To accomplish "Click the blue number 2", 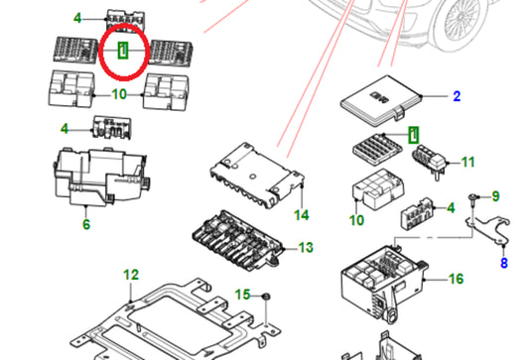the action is [x=457, y=96].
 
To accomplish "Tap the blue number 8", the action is [x=504, y=263].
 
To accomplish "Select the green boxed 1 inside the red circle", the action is [x=123, y=50].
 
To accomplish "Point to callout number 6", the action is [x=86, y=224].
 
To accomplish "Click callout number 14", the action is [x=302, y=215].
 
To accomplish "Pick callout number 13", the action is [x=306, y=248].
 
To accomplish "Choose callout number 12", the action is [x=131, y=275].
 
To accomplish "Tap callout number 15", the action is [x=242, y=295].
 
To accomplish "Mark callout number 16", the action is [x=456, y=279].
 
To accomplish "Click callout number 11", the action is [x=467, y=162].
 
